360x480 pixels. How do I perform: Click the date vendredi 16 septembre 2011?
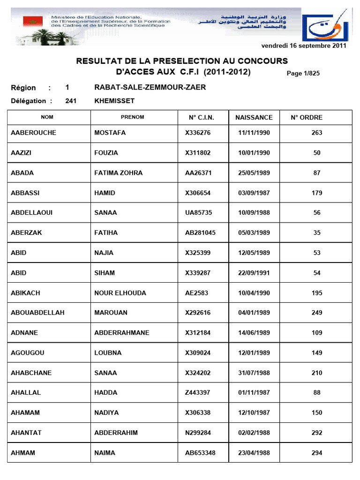pos(303,45)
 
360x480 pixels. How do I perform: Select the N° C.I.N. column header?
pos(200,118)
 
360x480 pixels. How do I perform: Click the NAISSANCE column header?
pos(254,118)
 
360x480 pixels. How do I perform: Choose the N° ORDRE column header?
pos(307,118)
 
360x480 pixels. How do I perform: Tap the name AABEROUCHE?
pos(33,133)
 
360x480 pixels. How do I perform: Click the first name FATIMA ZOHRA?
pos(118,173)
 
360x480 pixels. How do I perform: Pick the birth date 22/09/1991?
pos(254,273)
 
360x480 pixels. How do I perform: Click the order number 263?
pos(317,133)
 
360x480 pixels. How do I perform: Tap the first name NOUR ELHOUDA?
pos(120,293)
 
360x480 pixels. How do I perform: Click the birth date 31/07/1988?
pos(254,373)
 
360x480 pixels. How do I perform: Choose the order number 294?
pos(317,453)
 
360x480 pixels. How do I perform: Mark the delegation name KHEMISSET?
pos(114,101)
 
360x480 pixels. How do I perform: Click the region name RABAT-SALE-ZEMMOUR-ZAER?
pos(150,88)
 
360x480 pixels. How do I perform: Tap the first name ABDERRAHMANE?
pos(122,333)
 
